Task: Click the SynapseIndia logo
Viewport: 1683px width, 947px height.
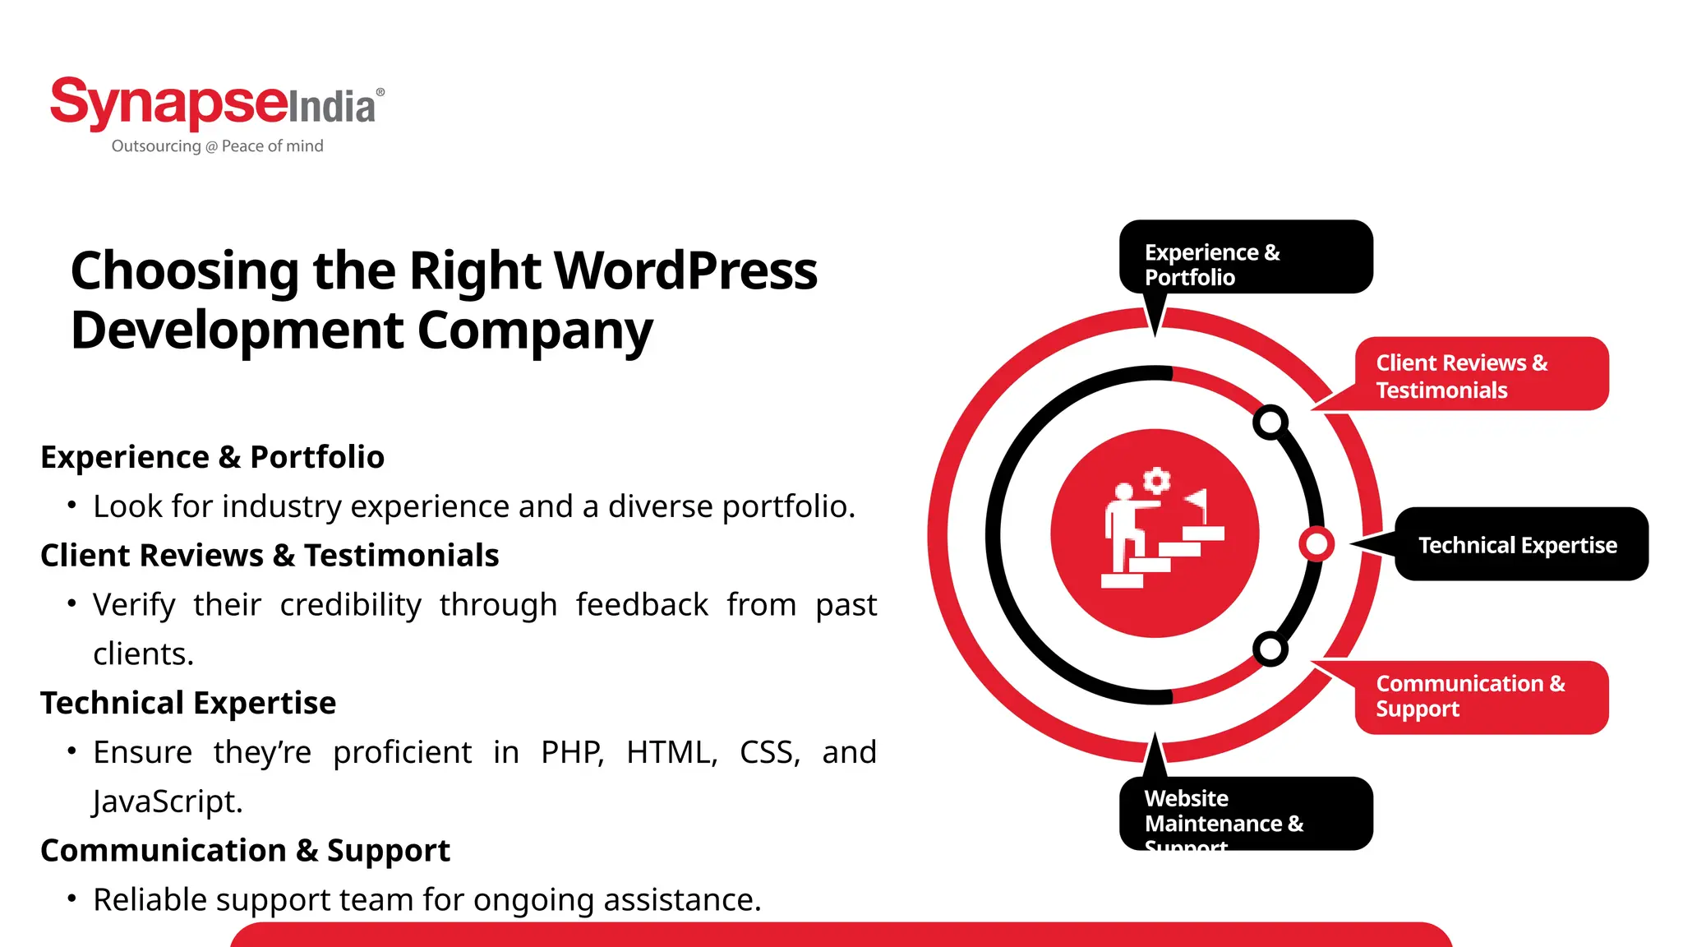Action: (215, 104)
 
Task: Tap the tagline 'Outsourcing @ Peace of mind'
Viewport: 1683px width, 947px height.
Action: (217, 146)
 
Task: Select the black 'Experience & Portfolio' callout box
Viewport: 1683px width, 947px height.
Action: (1245, 257)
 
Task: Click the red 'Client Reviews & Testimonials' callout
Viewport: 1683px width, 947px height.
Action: (1480, 375)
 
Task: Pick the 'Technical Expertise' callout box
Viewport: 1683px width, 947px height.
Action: (1520, 545)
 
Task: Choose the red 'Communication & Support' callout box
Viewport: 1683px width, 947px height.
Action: (1480, 697)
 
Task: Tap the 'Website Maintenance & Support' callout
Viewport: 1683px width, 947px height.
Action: (1245, 813)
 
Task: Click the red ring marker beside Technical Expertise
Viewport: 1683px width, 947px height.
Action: (1316, 544)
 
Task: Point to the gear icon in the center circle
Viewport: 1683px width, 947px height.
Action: (1157, 480)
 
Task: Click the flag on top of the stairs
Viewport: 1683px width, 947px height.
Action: (1197, 500)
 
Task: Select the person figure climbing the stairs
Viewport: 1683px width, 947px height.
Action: (1123, 526)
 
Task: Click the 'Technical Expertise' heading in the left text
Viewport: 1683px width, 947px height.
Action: (188, 704)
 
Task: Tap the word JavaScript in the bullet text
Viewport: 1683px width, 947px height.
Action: (168, 801)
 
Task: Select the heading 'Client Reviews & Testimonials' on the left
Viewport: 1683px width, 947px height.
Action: (270, 556)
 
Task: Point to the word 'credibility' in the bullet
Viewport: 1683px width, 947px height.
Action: (350, 605)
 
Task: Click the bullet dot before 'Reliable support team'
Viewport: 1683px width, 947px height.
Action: (72, 898)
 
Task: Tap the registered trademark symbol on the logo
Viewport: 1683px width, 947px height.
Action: (380, 92)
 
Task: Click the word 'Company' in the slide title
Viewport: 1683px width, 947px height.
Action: (534, 330)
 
